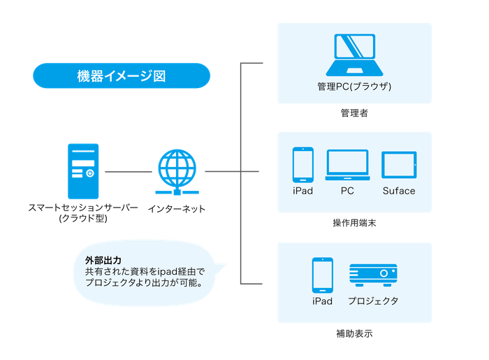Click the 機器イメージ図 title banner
(x=122, y=75)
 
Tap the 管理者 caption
(x=354, y=113)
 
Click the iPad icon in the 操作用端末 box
(x=302, y=165)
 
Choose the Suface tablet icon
(x=399, y=166)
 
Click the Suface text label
(x=399, y=191)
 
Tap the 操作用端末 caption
(x=354, y=223)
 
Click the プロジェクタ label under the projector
(x=373, y=301)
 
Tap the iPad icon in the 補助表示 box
(x=322, y=275)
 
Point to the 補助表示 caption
(x=354, y=334)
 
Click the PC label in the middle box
(x=347, y=191)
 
